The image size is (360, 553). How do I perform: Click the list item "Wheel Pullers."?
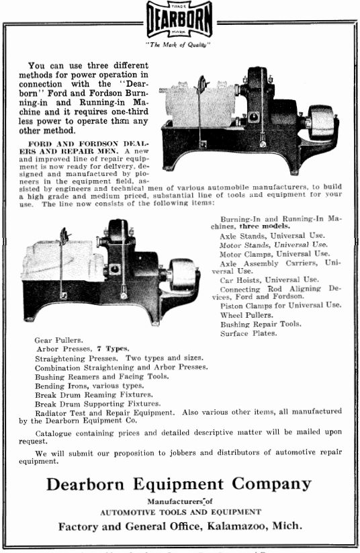click(248, 314)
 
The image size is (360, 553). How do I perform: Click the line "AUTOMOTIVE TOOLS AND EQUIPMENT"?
click(180, 512)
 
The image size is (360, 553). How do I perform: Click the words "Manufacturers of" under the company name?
click(179, 501)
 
